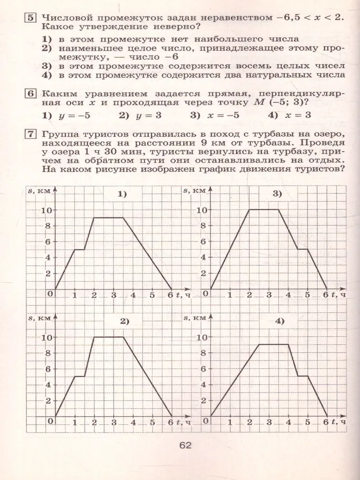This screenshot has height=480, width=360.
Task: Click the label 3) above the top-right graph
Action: pos(278,194)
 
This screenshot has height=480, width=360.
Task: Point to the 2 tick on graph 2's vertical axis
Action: pos(48,401)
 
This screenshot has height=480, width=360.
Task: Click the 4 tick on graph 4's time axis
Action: pos(288,422)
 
